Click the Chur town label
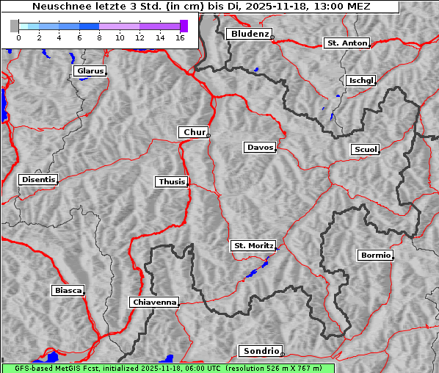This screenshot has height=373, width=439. (x=194, y=132)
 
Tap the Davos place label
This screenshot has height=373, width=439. (x=260, y=148)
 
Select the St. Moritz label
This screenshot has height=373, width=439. (x=253, y=246)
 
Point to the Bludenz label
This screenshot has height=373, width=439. (x=248, y=34)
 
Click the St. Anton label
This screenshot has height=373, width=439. (x=347, y=43)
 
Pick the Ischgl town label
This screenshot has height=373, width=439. (x=360, y=80)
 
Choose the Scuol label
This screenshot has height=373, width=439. (x=365, y=150)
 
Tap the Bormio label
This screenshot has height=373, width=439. (x=375, y=256)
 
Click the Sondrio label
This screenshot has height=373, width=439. (x=260, y=351)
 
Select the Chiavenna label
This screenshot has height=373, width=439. (x=154, y=302)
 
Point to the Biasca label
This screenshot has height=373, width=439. (x=68, y=291)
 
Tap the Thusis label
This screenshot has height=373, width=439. (x=172, y=181)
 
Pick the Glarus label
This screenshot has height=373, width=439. (x=89, y=71)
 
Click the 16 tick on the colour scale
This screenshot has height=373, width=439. (x=180, y=37)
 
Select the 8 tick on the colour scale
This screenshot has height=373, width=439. (x=99, y=37)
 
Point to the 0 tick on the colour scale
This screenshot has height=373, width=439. (x=18, y=37)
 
